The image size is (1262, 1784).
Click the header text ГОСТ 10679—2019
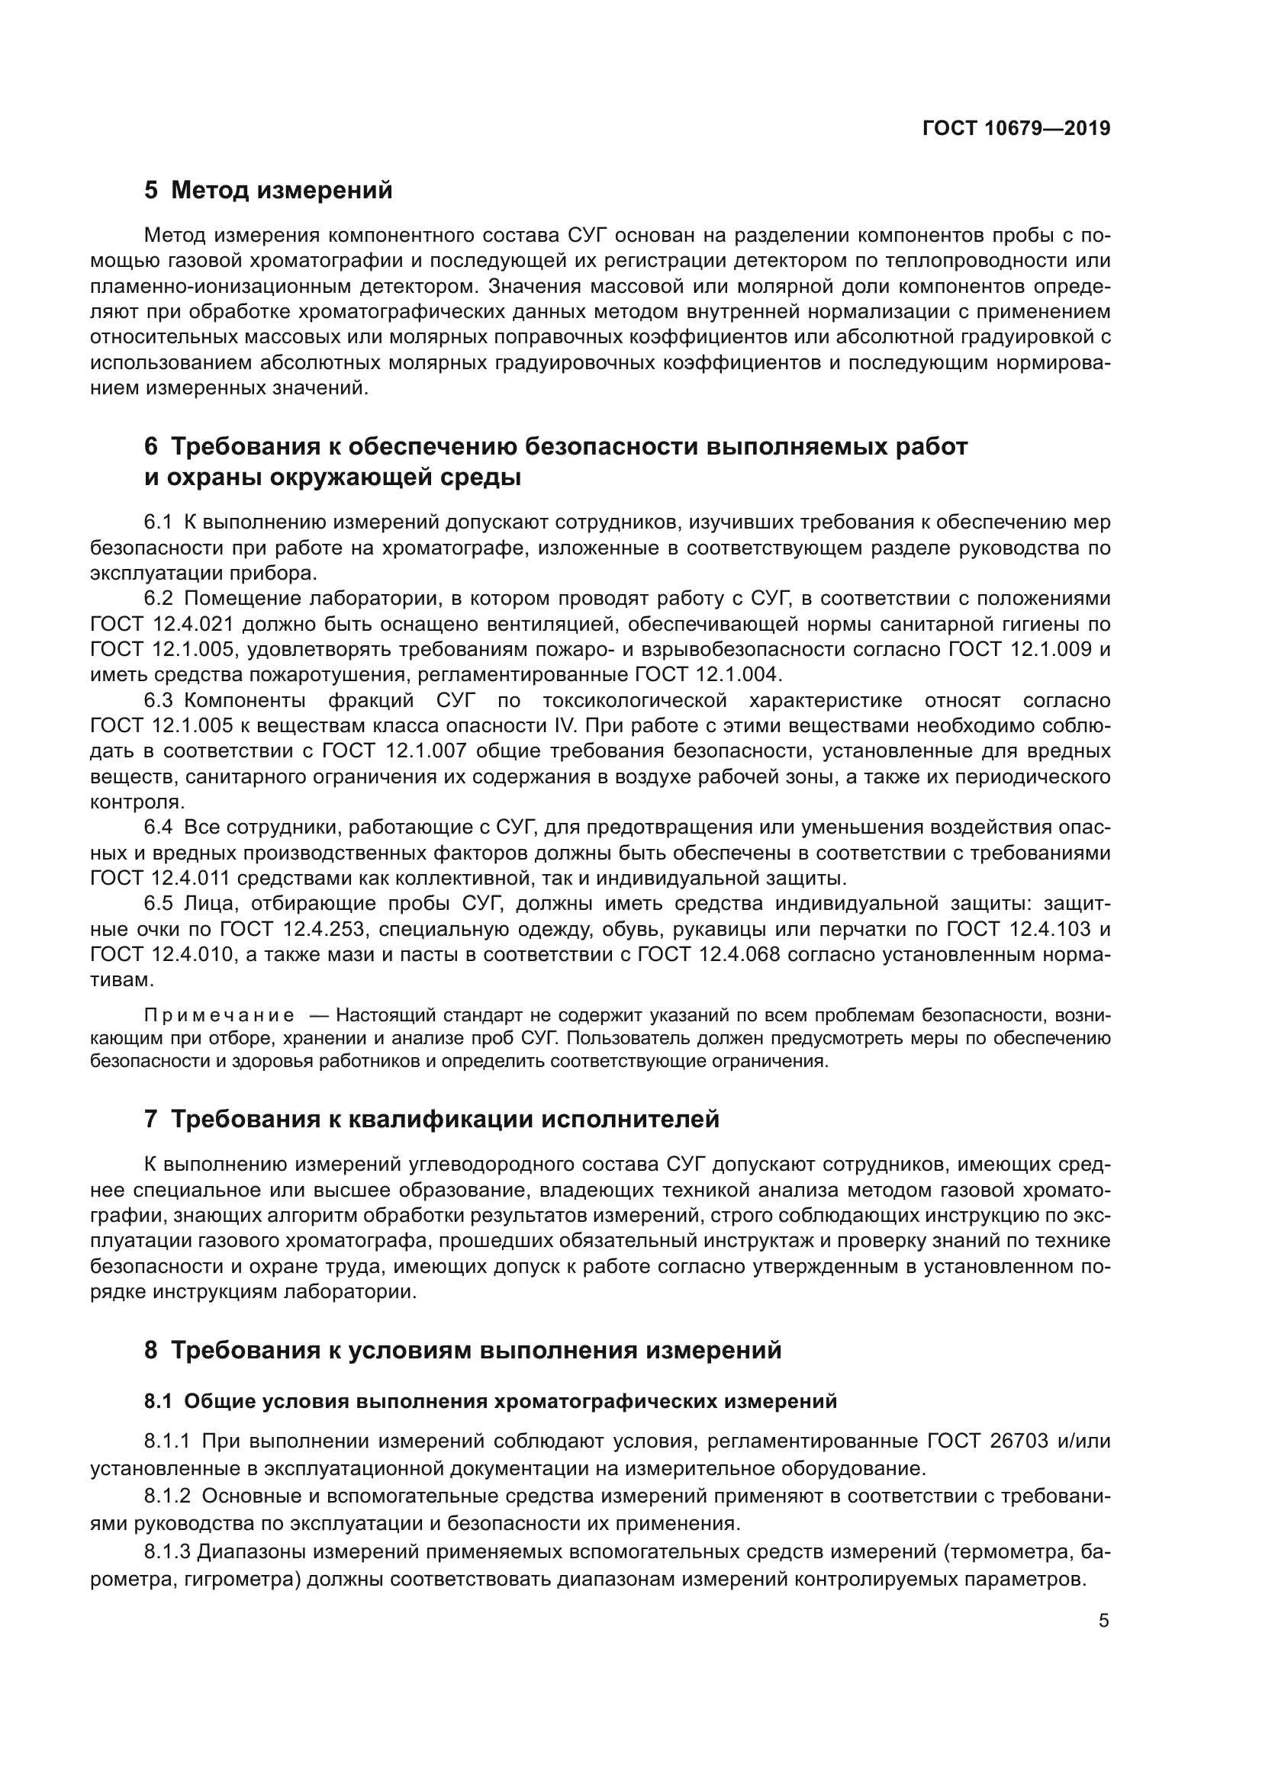[1016, 129]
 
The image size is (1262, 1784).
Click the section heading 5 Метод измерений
[268, 191]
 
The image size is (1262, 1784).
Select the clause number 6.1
[158, 523]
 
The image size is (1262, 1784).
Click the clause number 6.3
[159, 701]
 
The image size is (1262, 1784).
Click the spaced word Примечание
[220, 1016]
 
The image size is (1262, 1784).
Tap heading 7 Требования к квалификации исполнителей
[431, 1120]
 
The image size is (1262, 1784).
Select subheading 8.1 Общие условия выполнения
[491, 1402]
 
